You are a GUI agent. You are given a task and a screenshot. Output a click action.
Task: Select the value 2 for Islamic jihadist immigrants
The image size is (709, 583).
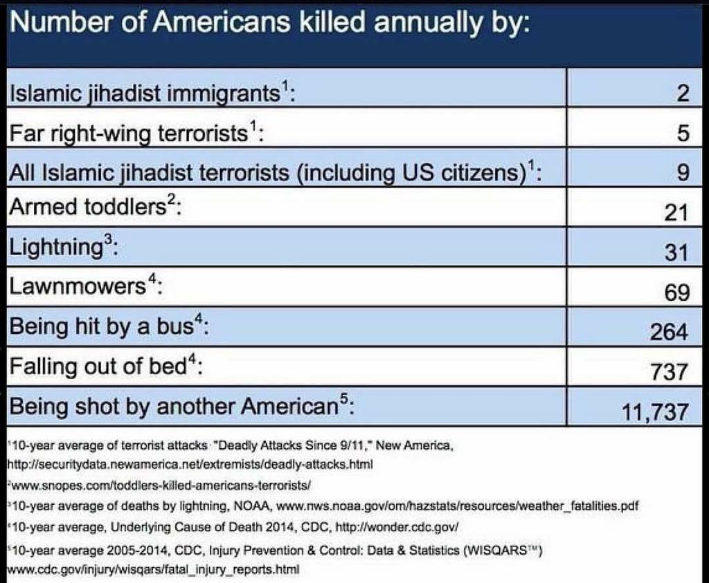(x=682, y=93)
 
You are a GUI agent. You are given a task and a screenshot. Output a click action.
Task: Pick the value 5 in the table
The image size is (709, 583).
(x=682, y=133)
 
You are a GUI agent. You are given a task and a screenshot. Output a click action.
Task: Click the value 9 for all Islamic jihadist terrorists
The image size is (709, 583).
(x=682, y=173)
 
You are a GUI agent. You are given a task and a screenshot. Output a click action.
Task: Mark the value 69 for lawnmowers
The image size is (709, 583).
(x=676, y=293)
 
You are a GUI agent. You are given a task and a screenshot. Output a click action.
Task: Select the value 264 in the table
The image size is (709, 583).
(x=669, y=333)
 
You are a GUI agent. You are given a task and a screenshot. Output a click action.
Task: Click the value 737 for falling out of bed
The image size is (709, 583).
(x=669, y=373)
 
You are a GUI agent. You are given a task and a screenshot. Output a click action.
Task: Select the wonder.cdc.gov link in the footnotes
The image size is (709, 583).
(x=396, y=528)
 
